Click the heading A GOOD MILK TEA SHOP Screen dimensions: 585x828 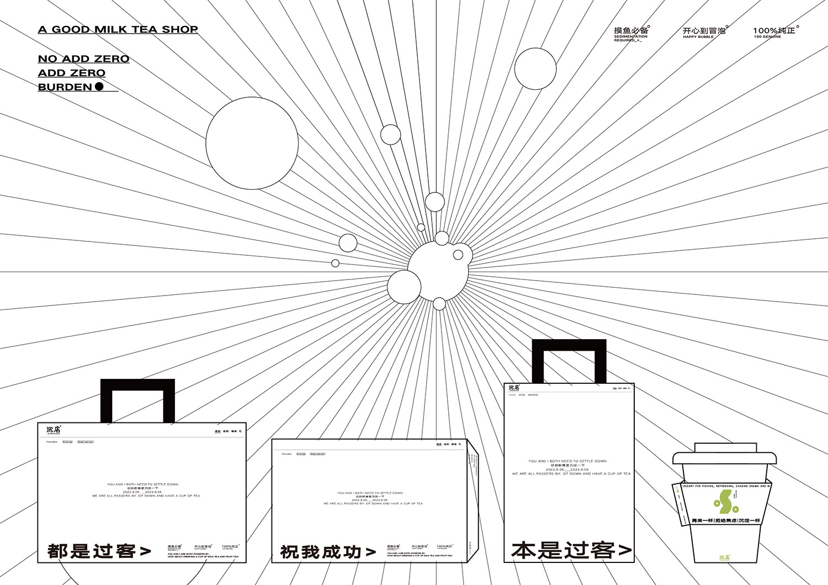(x=118, y=30)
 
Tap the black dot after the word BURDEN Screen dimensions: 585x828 (x=99, y=87)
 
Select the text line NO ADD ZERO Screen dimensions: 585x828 (x=83, y=59)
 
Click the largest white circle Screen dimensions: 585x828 (x=252, y=143)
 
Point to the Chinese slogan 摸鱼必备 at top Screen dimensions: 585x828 (x=631, y=31)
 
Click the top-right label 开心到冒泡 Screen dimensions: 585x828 (x=704, y=31)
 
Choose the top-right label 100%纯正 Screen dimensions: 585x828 (x=774, y=31)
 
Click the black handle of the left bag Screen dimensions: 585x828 (x=137, y=385)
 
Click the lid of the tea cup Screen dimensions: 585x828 (x=724, y=455)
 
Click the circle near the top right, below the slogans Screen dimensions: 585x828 (x=535, y=69)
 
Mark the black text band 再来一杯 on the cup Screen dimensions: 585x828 (x=725, y=520)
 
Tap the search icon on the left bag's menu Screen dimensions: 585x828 (x=241, y=431)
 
